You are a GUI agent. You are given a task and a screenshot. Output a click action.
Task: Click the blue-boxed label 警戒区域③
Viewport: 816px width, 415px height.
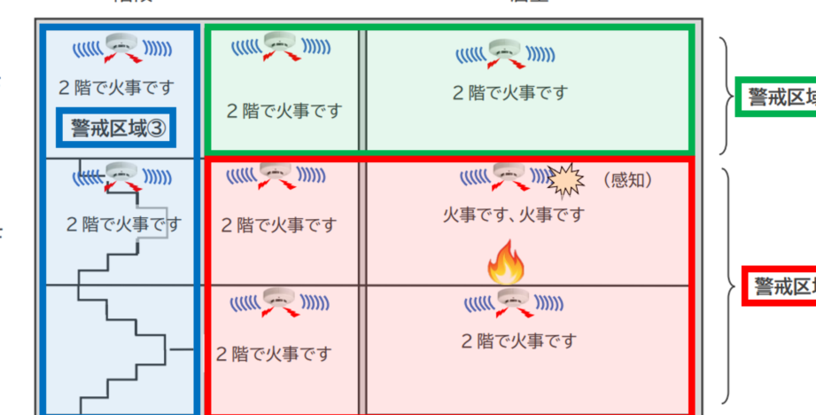click(x=116, y=128)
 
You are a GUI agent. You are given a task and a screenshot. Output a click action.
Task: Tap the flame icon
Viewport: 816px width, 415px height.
click(x=506, y=263)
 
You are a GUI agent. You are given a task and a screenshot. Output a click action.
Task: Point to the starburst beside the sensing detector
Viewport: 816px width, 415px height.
click(x=566, y=180)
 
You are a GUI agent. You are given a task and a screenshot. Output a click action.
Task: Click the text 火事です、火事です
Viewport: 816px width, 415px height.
click(x=514, y=215)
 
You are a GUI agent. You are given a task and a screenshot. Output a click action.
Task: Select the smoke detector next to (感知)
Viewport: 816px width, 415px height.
click(x=508, y=175)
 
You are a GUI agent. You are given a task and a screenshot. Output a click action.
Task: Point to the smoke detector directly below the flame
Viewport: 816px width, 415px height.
click(x=508, y=302)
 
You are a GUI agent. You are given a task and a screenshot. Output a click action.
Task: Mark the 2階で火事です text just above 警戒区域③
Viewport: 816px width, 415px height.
click(x=116, y=88)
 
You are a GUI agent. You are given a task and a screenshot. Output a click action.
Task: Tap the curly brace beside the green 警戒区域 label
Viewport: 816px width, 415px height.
click(x=727, y=96)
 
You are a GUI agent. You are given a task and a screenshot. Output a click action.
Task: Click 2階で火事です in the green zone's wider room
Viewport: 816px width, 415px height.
click(x=509, y=92)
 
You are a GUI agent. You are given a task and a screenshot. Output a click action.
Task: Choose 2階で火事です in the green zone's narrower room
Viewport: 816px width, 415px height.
click(x=284, y=112)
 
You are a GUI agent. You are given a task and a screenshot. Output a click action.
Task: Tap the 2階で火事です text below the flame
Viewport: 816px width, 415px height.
click(x=518, y=341)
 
